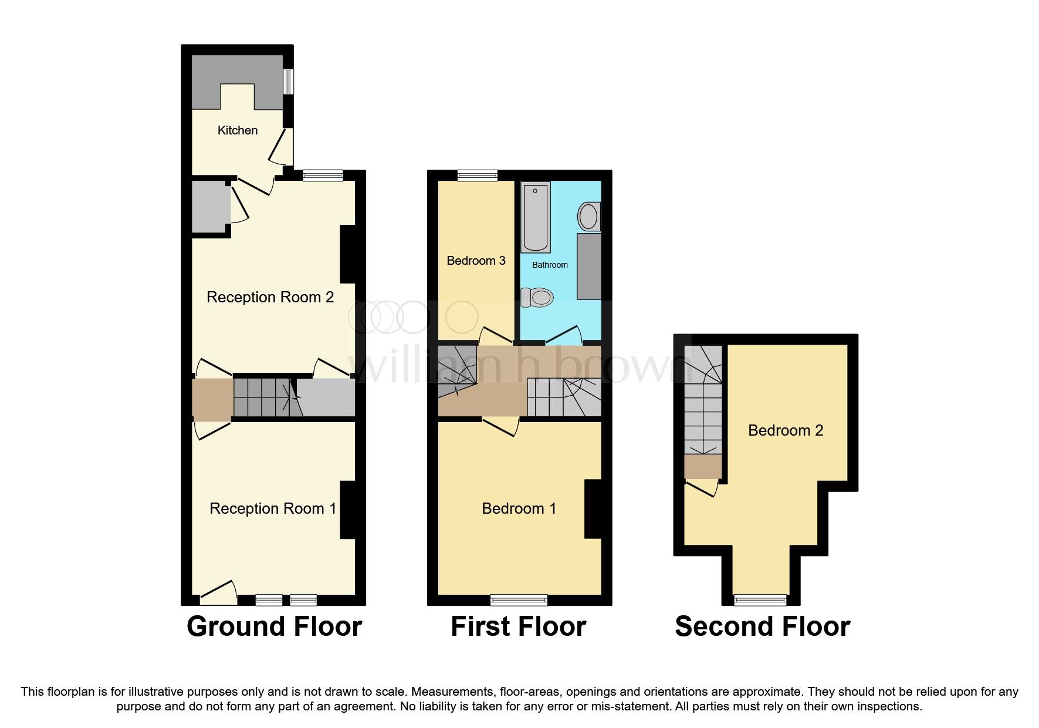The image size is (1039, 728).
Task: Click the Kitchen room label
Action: (237, 130)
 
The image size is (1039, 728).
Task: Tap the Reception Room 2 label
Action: (270, 297)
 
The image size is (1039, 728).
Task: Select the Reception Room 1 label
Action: (273, 508)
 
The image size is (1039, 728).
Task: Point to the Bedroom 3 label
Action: (476, 261)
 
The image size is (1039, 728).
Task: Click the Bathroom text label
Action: (550, 265)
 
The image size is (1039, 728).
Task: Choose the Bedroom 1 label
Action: (519, 508)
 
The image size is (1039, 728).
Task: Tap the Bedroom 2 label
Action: (786, 430)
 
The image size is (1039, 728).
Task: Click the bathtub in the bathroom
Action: (535, 217)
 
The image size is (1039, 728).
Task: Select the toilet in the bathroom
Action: (537, 297)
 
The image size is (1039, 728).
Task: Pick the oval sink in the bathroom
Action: (588, 217)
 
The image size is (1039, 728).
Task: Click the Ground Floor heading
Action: (274, 626)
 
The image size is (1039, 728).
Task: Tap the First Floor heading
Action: (518, 626)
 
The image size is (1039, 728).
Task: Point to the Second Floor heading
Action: (762, 626)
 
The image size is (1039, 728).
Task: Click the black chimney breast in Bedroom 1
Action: (593, 509)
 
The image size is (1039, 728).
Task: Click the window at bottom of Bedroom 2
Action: (760, 599)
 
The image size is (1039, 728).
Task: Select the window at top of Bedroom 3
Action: (478, 175)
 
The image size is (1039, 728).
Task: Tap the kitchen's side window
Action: (288, 82)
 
